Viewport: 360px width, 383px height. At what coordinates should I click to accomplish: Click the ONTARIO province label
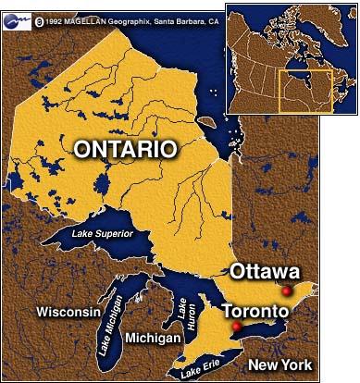(x=125, y=148)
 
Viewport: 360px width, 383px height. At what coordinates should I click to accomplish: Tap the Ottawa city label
(x=265, y=272)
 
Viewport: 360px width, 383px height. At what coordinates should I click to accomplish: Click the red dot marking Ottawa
(x=287, y=291)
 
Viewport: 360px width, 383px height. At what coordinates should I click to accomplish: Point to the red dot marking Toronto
(x=236, y=327)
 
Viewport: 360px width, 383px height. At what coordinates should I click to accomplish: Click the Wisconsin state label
(x=68, y=313)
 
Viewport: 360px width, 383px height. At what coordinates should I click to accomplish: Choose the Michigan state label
(x=153, y=340)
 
